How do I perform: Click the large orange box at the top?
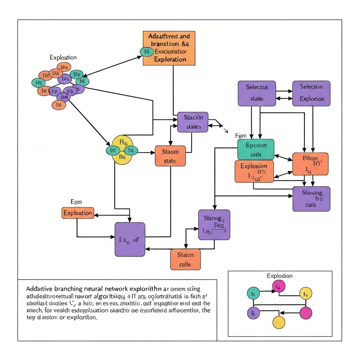pos(169,48)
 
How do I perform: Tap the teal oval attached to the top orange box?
pos(147,52)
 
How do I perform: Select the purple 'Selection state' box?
pos(257,93)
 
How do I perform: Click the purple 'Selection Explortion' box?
pos(311,93)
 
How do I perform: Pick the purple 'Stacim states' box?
pos(193,122)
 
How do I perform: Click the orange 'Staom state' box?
pos(170,156)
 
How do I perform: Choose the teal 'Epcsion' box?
pos(256,149)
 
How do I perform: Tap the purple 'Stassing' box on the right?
pos(311,199)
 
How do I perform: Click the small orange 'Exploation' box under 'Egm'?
pos(78,213)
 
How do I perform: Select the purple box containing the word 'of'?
pos(130,239)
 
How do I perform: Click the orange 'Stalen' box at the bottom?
pos(185,259)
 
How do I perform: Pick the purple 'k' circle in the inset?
pos(253,313)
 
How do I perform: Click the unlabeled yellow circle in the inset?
pos(279,322)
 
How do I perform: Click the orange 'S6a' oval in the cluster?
pos(64,67)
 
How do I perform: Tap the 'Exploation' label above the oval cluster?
pos(63,57)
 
